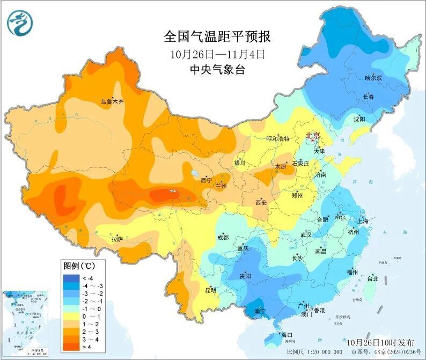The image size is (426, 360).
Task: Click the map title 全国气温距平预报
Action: click(217, 36)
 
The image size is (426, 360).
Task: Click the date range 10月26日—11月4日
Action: click(217, 54)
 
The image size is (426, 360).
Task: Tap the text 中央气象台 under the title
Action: click(217, 69)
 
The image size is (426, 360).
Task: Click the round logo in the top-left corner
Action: click(20, 23)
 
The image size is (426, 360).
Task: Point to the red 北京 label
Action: click(312, 136)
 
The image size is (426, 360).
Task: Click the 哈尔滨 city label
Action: click(373, 78)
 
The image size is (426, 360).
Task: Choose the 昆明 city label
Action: click(211, 290)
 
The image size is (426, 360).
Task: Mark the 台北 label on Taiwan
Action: click(372, 278)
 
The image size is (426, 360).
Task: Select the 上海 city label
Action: click(363, 221)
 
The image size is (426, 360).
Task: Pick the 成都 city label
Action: click(223, 237)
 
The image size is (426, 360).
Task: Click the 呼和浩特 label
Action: click(278, 138)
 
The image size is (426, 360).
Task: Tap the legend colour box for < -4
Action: click(71, 278)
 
